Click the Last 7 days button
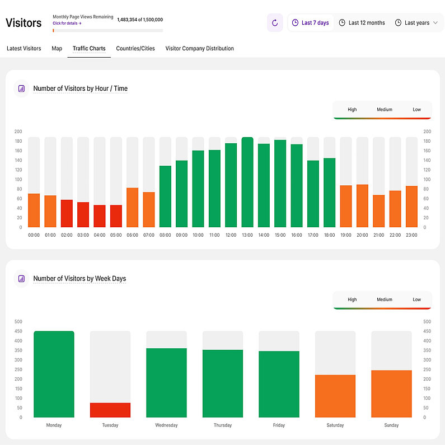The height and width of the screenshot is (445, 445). coord(310,23)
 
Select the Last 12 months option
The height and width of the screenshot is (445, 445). coord(362,23)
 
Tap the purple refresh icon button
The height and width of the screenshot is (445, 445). coord(275,23)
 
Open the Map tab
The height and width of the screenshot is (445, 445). coord(57,49)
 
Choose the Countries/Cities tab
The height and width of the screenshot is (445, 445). coord(135,49)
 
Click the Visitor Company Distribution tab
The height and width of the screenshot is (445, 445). coord(199,49)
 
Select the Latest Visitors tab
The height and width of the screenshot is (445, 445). coord(24,49)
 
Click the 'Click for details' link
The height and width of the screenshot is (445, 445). coord(67,24)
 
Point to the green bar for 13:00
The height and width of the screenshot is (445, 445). coord(247,182)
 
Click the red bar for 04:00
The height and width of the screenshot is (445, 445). coord(100,216)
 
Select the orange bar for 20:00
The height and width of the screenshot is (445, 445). coord(362,206)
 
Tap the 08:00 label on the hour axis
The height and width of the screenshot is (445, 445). coord(165,235)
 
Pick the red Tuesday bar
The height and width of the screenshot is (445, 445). coord(110,410)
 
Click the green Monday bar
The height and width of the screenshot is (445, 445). coord(54,374)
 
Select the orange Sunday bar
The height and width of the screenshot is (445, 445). coord(391,394)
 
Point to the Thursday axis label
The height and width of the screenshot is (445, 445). coord(223,425)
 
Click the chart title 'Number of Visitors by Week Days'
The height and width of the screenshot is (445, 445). coord(79,279)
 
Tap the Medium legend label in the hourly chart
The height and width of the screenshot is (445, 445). coord(385,110)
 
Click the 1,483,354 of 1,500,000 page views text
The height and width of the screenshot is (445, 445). coord(140,20)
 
